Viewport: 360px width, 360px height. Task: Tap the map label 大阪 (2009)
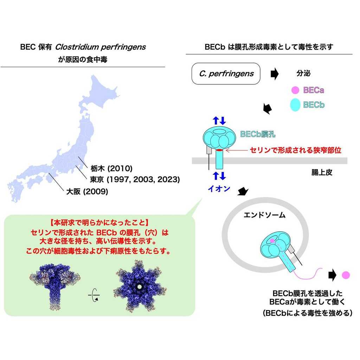(87, 192)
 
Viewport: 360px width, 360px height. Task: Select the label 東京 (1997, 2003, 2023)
(135, 180)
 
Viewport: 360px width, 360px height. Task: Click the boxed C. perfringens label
(226, 74)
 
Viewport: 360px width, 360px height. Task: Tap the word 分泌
(304, 74)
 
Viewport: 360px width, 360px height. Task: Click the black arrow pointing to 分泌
(274, 74)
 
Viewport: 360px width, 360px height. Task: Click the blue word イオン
(218, 189)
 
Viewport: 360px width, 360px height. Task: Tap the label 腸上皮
(321, 173)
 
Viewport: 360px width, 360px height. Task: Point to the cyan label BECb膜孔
(258, 134)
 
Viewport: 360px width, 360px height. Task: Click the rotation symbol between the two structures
(94, 295)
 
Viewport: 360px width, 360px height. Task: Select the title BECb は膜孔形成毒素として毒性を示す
(269, 47)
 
